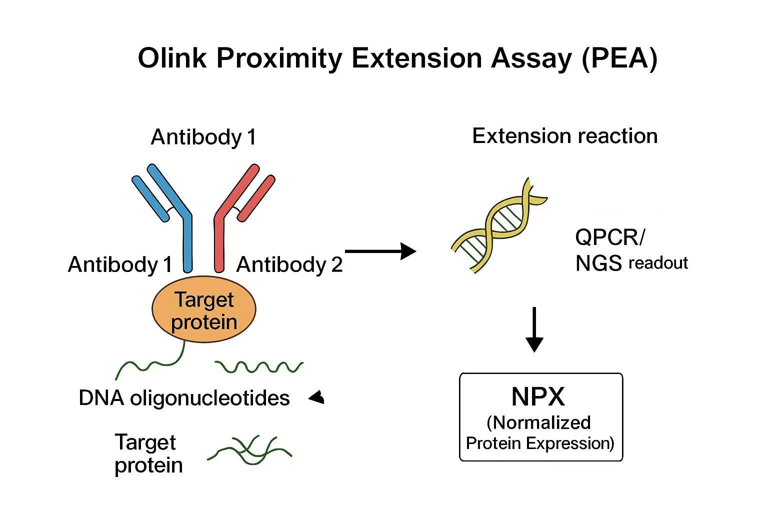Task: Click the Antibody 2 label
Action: pos(289,264)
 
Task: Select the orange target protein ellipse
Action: pos(203,310)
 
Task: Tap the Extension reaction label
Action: pos(564,136)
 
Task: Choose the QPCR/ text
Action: pos(609,237)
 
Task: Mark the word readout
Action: pos(658,263)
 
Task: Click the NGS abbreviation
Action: pos(598,263)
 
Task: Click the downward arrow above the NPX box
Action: pos(534,330)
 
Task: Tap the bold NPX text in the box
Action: pos(538,397)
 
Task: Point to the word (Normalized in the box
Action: pos(538,422)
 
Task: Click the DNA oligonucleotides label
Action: pos(184,398)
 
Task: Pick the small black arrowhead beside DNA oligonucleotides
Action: pos(317,398)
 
